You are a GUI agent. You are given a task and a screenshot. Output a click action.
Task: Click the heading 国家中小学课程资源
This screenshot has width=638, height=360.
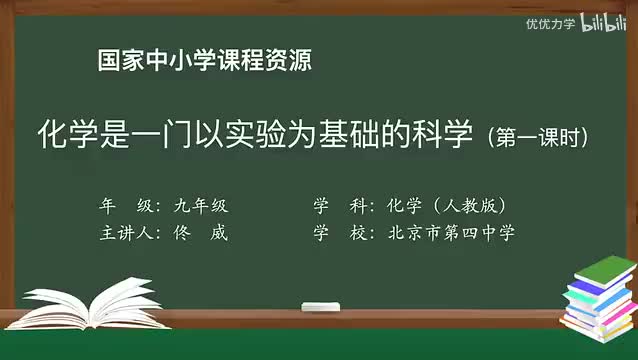pos(204,61)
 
